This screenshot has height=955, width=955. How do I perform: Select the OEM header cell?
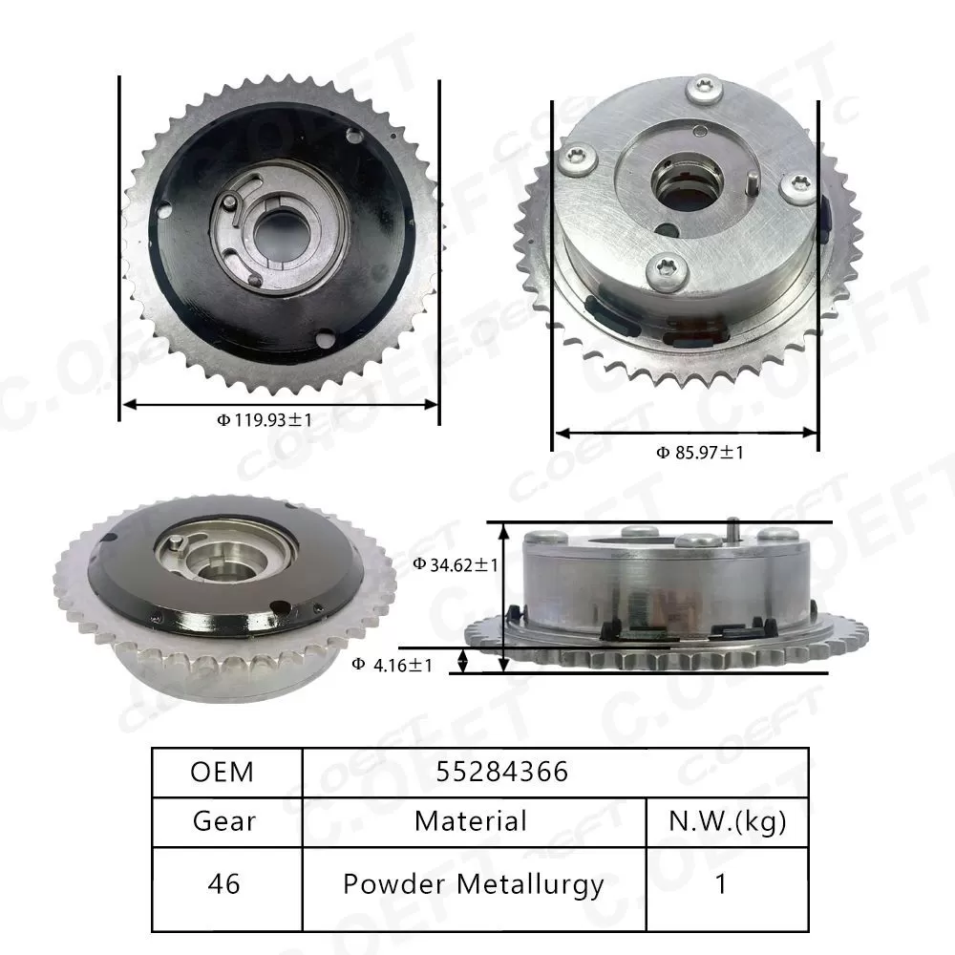coord(223,771)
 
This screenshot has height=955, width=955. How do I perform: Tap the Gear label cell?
coord(223,820)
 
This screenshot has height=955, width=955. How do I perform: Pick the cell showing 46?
coord(223,883)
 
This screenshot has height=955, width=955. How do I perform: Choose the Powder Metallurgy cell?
coord(473,883)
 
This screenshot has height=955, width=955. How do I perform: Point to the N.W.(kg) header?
coord(727,820)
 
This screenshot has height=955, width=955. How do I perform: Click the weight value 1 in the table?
coord(722,883)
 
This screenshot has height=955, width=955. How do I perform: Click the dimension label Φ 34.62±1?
coord(456,564)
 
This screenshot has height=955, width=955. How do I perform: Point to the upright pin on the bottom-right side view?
coord(732,529)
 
